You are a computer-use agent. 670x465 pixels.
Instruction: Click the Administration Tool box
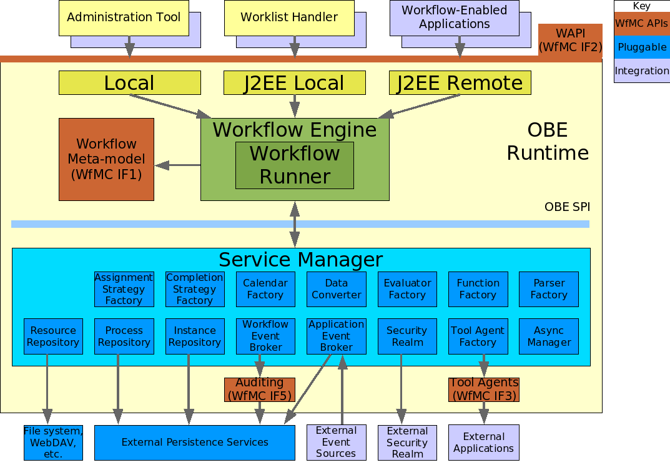124,17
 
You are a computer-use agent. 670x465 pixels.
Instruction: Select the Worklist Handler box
289,17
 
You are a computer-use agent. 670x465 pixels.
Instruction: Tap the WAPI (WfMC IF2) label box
570,39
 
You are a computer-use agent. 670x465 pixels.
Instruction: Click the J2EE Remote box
460,83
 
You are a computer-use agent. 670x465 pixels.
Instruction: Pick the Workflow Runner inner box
295,165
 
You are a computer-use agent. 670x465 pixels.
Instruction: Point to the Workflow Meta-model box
106,159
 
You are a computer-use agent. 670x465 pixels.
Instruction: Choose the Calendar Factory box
265,289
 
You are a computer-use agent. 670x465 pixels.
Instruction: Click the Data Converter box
337,289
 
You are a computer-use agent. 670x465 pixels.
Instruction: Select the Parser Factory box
549,289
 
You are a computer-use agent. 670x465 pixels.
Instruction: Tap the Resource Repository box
53,336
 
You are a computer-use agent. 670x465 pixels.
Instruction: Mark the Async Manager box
549,336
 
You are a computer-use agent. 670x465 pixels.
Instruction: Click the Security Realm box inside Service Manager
406,336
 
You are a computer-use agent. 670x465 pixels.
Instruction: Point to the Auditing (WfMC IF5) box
260,389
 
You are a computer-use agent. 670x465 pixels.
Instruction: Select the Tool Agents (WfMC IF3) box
484,389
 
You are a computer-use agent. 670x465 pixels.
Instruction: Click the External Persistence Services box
195,443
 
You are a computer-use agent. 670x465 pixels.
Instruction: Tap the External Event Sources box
336,443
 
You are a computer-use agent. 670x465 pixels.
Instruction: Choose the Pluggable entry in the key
642,47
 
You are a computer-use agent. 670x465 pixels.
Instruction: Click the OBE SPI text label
567,207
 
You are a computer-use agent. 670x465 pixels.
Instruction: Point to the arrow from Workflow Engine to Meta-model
178,165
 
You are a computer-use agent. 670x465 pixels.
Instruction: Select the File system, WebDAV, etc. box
53,443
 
